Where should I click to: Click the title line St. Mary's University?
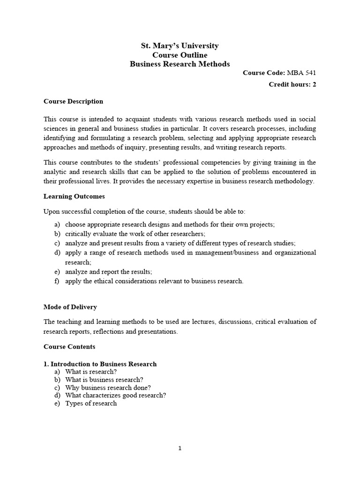(x=180, y=46)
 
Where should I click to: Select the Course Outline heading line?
(x=180, y=55)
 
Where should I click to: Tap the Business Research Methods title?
(x=180, y=64)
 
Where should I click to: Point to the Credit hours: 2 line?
(x=292, y=84)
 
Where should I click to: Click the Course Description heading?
(x=73, y=101)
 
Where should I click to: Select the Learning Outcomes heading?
(x=74, y=196)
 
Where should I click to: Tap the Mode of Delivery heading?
(x=70, y=307)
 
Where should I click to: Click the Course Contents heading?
(x=69, y=347)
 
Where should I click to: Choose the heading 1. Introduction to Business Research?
(x=100, y=364)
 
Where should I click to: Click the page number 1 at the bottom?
(x=180, y=448)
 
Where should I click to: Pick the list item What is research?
(x=91, y=372)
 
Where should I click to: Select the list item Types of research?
(x=91, y=403)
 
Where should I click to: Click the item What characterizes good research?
(x=115, y=395)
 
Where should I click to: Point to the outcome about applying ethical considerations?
(x=154, y=281)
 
